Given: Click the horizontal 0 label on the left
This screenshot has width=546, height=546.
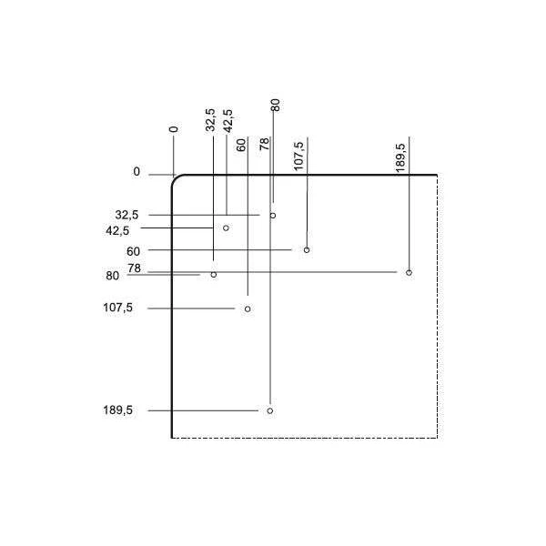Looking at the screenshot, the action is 136,172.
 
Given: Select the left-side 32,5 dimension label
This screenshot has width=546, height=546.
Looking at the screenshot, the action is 126,215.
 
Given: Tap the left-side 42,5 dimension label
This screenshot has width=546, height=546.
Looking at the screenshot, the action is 117,230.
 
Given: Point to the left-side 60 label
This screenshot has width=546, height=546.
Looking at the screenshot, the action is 133,251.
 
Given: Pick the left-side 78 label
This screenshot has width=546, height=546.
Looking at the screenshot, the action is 134,268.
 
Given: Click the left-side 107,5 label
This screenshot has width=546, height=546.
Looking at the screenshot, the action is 117,308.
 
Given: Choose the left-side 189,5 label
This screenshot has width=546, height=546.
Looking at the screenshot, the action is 117,410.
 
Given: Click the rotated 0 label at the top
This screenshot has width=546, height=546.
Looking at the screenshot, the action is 174,129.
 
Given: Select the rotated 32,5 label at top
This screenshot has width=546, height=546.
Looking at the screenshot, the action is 210,120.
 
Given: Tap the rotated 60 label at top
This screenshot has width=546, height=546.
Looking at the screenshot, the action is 241,145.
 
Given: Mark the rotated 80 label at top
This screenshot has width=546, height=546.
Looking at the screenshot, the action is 275,106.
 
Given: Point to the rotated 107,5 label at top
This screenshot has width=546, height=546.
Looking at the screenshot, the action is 298,157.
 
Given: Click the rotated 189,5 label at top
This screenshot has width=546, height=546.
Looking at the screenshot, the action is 400,157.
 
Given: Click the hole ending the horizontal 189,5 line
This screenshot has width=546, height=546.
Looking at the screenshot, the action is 270,411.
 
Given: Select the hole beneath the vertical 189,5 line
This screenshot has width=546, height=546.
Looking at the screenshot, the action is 409,273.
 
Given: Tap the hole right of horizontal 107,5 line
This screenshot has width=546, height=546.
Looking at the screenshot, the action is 248,308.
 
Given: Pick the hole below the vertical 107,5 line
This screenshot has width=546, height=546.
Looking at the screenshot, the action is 307,250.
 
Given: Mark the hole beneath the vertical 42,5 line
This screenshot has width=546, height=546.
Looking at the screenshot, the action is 226,228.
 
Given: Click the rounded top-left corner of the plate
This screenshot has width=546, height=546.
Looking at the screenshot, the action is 176,178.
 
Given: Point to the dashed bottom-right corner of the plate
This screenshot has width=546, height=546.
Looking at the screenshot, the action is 438,438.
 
